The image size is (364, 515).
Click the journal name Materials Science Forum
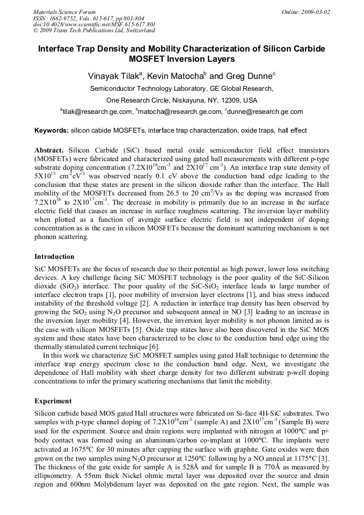coord(64,12)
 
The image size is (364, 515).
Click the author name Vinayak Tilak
coord(114,77)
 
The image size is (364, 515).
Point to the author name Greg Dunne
coord(250,77)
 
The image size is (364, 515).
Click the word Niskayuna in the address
coord(190,100)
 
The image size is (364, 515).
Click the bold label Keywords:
coord(52,130)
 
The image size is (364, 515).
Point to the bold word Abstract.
coord(49,150)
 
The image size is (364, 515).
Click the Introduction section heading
coord(54,257)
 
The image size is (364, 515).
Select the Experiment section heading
coord(53,401)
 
